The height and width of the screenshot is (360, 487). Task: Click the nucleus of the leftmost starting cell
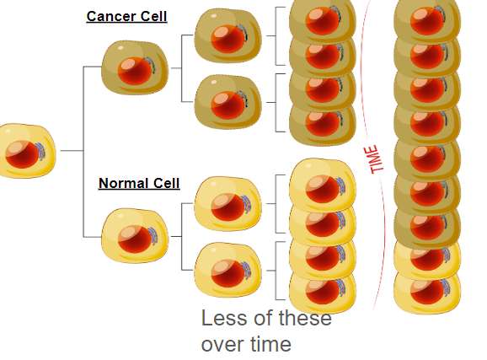pyautogui.click(x=23, y=154)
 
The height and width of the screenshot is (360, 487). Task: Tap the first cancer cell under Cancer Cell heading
pyautogui.click(x=135, y=67)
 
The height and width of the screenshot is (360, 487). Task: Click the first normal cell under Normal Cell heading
pyautogui.click(x=135, y=236)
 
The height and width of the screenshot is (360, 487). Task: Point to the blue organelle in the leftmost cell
pyautogui.click(x=40, y=152)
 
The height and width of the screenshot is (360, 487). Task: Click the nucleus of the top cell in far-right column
pyautogui.click(x=427, y=21)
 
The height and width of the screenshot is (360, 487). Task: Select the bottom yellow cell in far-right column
pyautogui.click(x=427, y=293)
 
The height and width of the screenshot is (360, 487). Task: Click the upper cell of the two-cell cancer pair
pyautogui.click(x=228, y=35)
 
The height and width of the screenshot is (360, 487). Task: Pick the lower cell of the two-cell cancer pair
pyautogui.click(x=228, y=102)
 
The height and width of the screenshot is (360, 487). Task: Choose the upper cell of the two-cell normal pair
pyautogui.click(x=228, y=204)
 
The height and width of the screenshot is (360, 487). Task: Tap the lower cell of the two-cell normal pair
pyautogui.click(x=228, y=270)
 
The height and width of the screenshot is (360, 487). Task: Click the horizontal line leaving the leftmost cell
pyautogui.click(x=72, y=150)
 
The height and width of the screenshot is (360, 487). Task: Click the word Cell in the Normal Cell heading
pyautogui.click(x=167, y=183)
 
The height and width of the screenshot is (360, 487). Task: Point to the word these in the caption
pyautogui.click(x=305, y=318)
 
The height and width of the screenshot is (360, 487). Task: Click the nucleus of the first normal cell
pyautogui.click(x=135, y=239)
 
